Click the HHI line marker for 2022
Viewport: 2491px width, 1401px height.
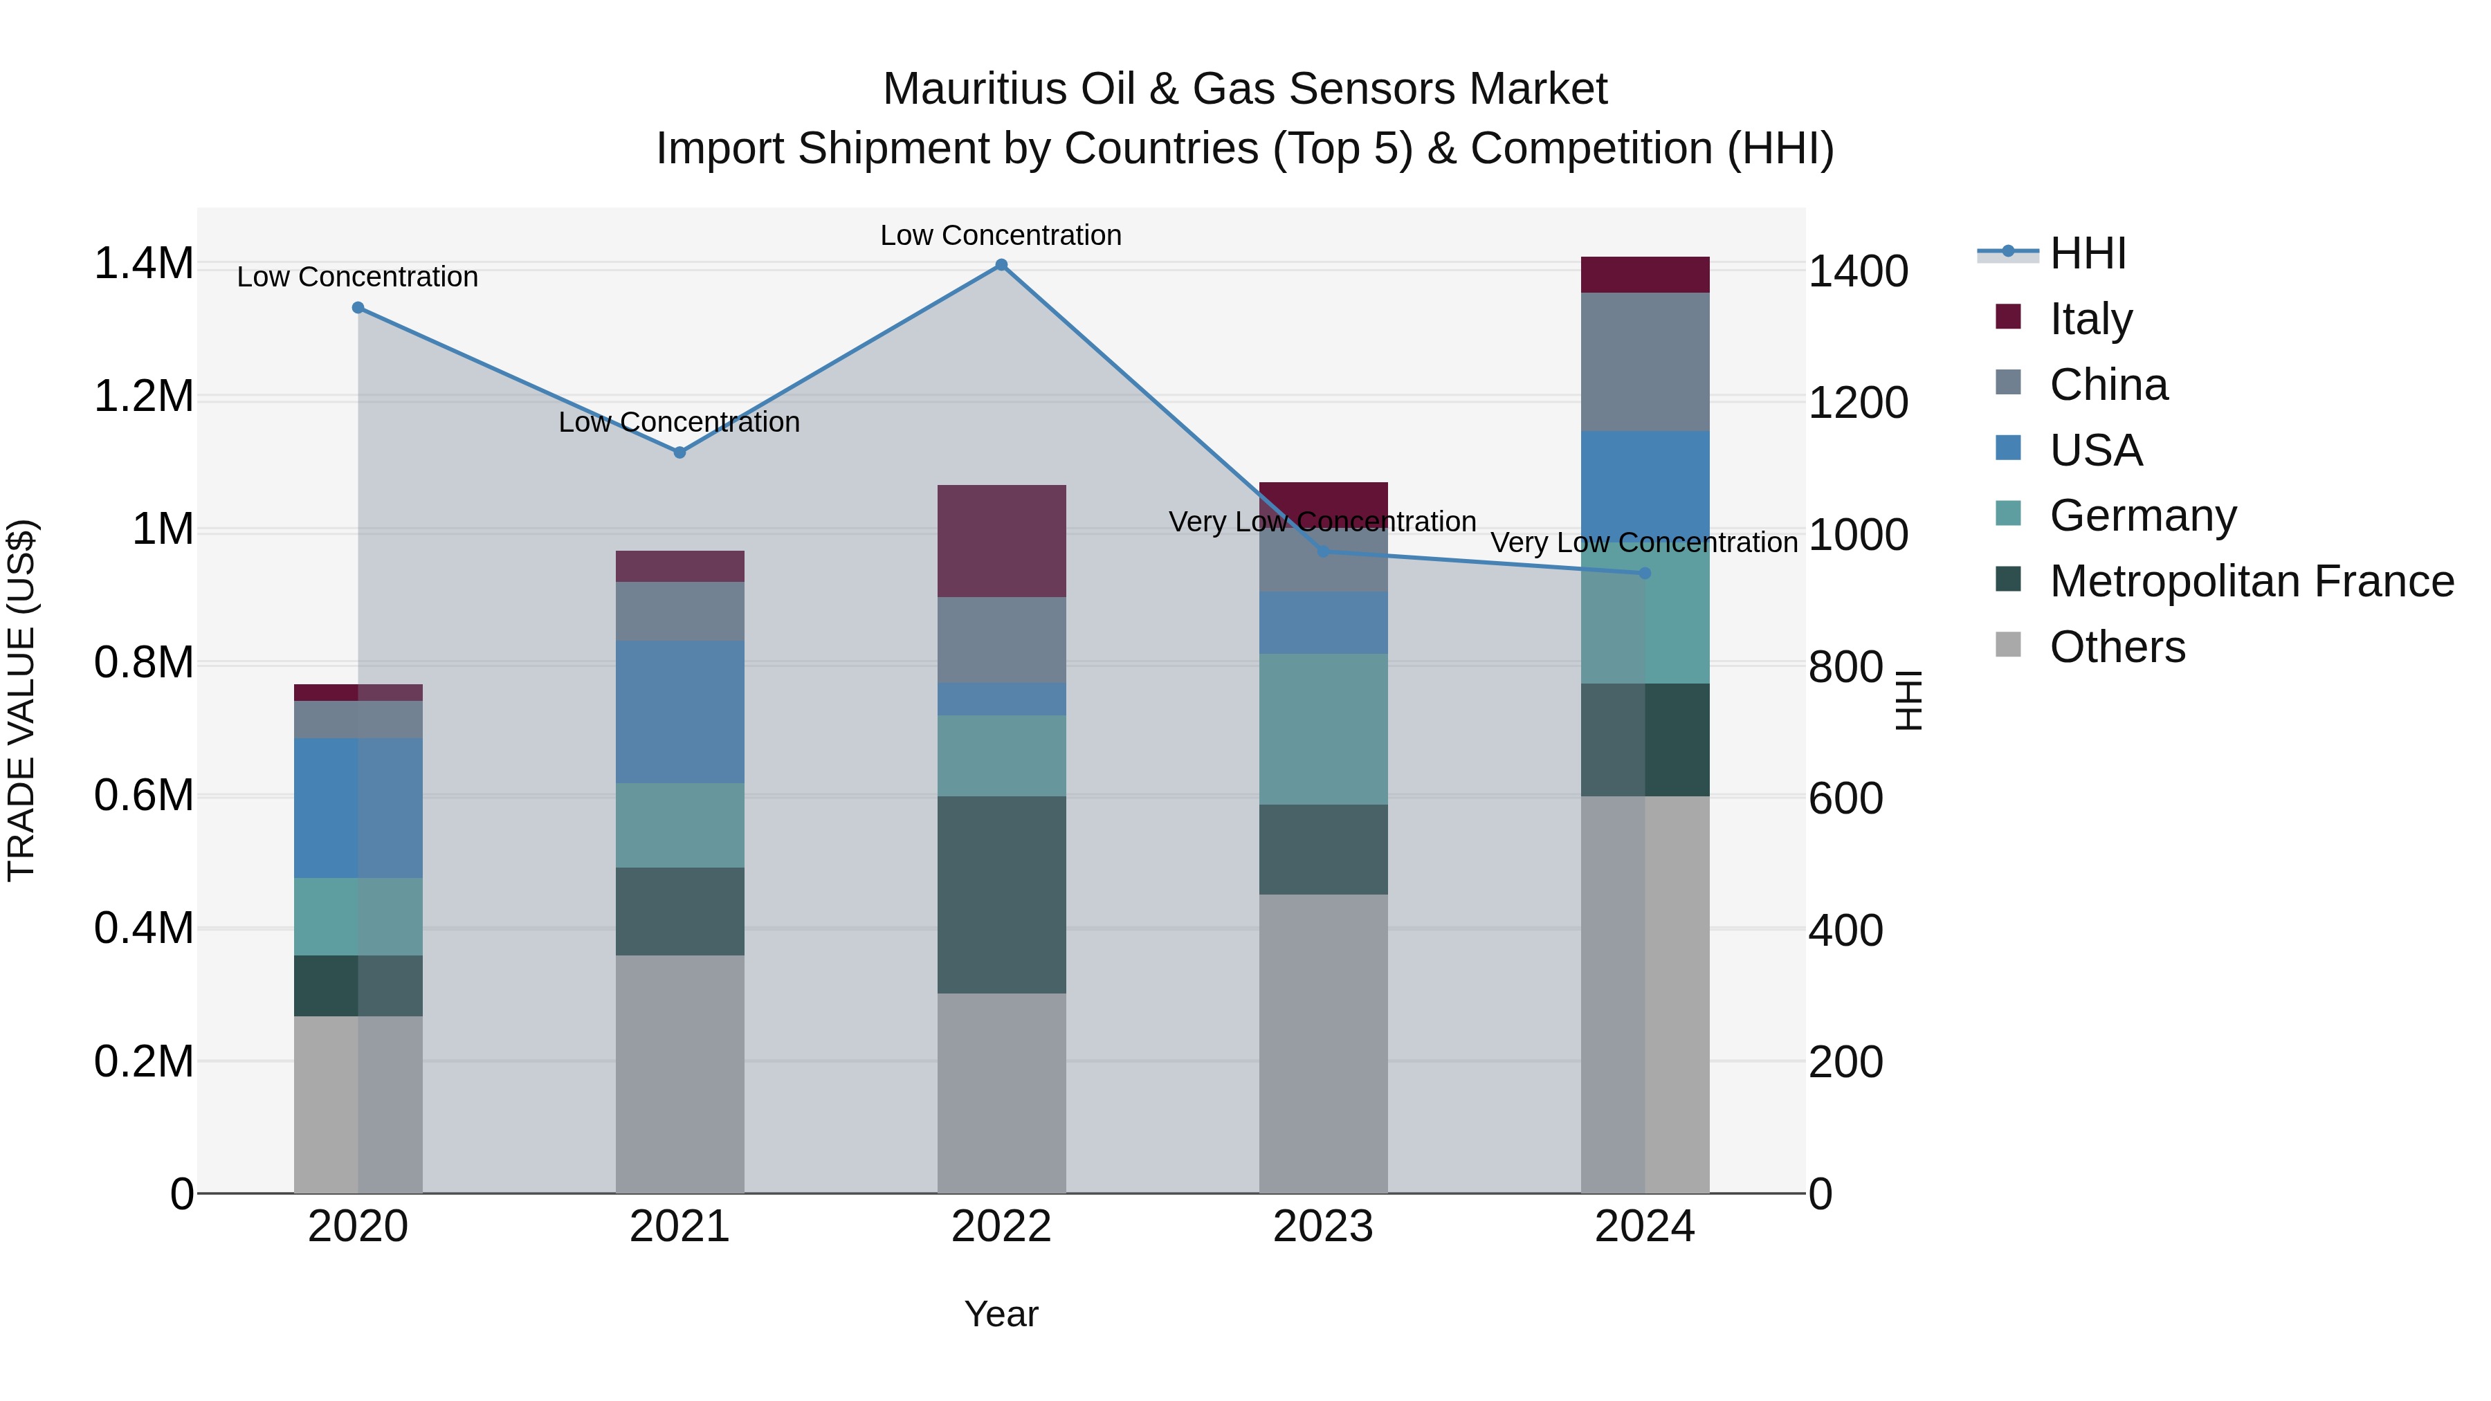(1001, 265)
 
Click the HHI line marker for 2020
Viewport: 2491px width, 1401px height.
(358, 307)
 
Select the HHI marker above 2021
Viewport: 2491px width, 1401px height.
(679, 452)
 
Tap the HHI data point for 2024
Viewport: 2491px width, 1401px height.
(1645, 574)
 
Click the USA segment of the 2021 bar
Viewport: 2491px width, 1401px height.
(679, 712)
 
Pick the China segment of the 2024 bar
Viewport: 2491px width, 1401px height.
(1645, 362)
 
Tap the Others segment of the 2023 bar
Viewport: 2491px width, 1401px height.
(1323, 1043)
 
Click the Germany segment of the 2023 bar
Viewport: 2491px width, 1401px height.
(1323, 729)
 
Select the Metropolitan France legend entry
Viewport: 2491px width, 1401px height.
(2251, 581)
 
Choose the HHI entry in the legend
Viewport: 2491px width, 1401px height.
(2087, 253)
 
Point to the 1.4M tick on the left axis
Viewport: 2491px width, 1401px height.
(143, 264)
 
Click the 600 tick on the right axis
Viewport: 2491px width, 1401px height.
(1845, 798)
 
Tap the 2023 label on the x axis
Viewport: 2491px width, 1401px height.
(1323, 1227)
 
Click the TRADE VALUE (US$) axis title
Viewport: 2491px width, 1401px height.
(21, 700)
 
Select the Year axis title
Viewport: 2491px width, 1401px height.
(1001, 1314)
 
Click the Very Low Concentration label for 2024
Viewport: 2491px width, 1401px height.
(1644, 543)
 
